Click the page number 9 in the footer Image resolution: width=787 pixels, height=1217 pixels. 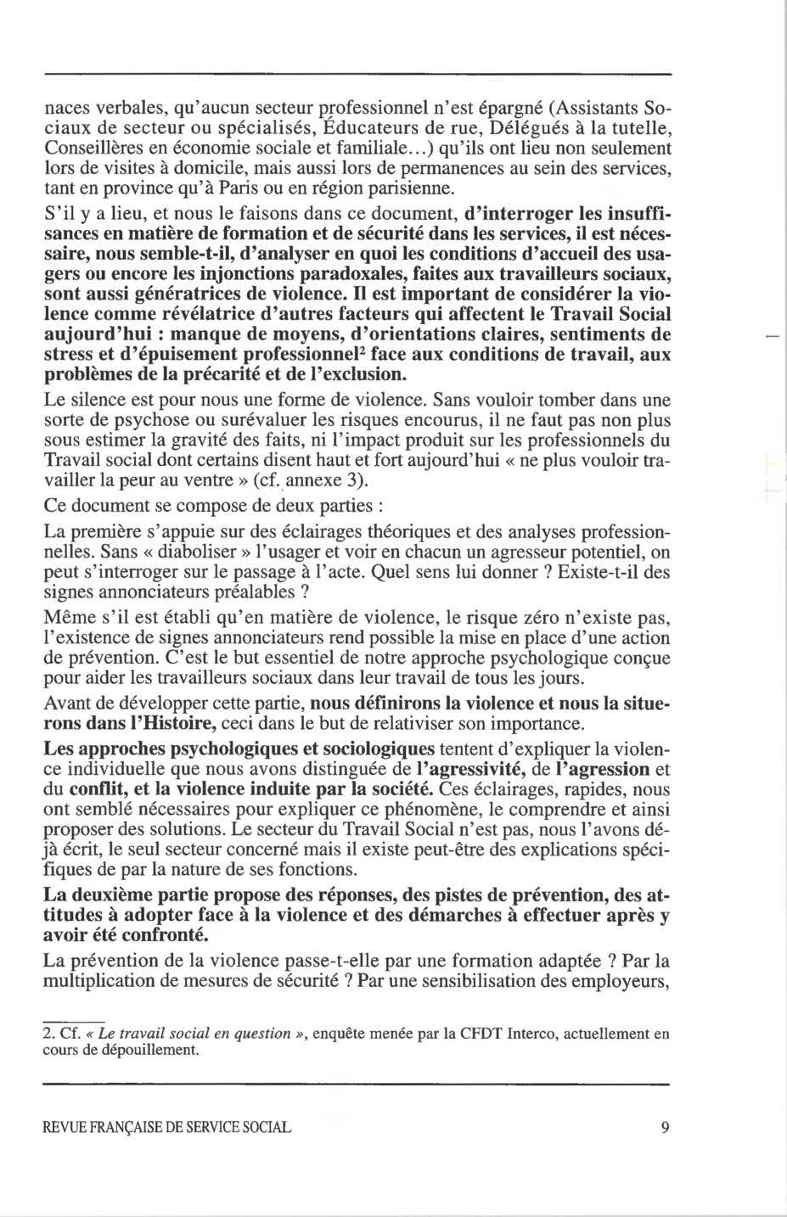tap(664, 1128)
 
